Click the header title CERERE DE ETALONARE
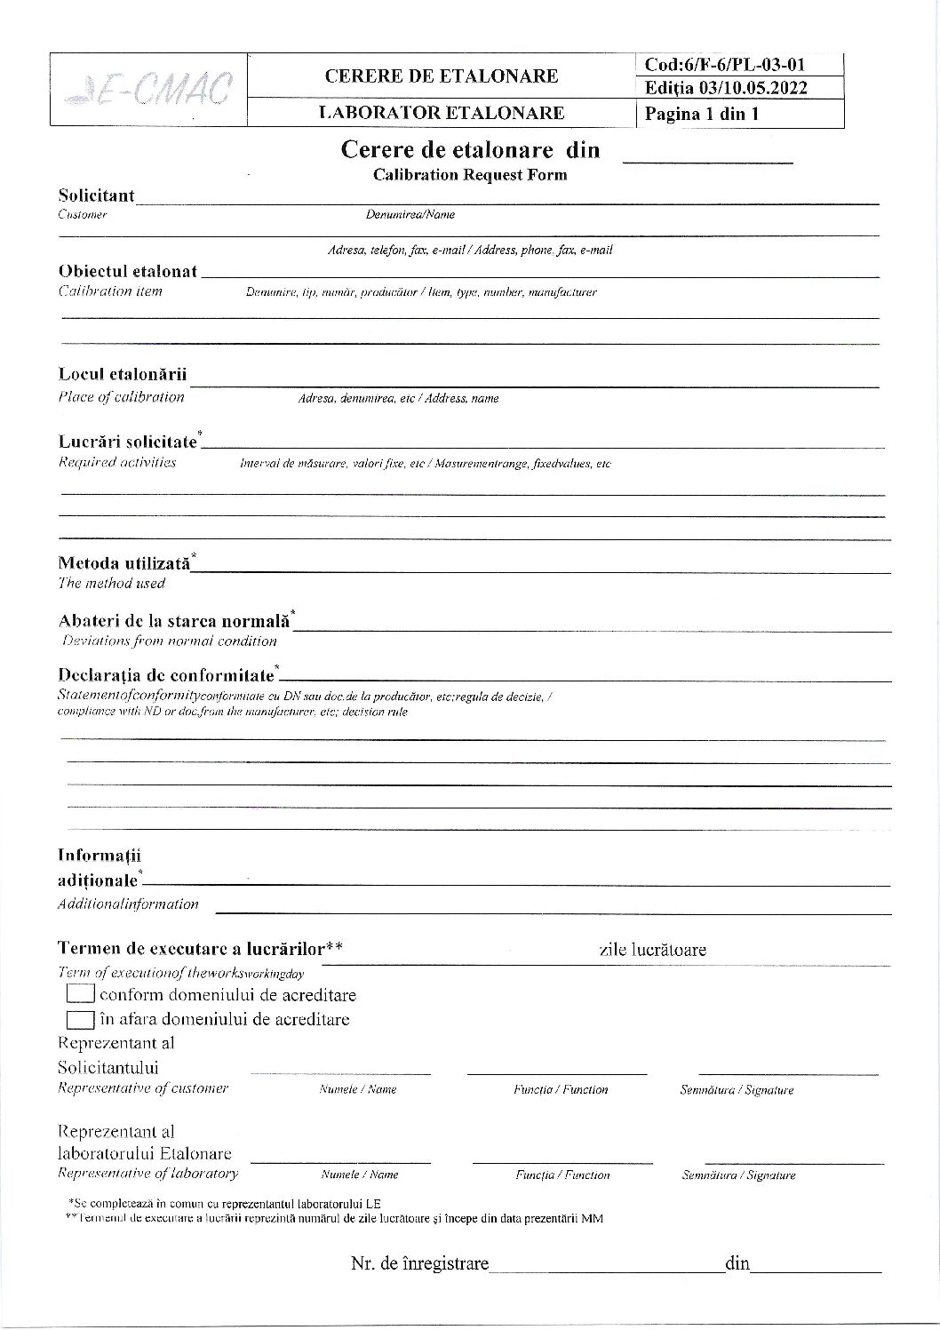pyautogui.click(x=442, y=76)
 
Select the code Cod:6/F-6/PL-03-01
pyautogui.click(x=725, y=64)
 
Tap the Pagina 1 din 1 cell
pyautogui.click(x=702, y=114)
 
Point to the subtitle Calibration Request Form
pyautogui.click(x=470, y=175)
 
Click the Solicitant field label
pyautogui.click(x=97, y=195)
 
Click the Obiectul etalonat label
pyautogui.click(x=128, y=270)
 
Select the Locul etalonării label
pyautogui.click(x=123, y=374)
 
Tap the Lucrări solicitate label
pyautogui.click(x=128, y=441)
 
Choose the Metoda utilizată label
pyautogui.click(x=124, y=562)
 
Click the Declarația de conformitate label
pyautogui.click(x=166, y=674)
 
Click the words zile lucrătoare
pyautogui.click(x=653, y=950)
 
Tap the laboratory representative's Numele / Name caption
pyautogui.click(x=359, y=1175)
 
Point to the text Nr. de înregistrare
pyautogui.click(x=419, y=1263)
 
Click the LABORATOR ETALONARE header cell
pyautogui.click(x=442, y=113)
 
